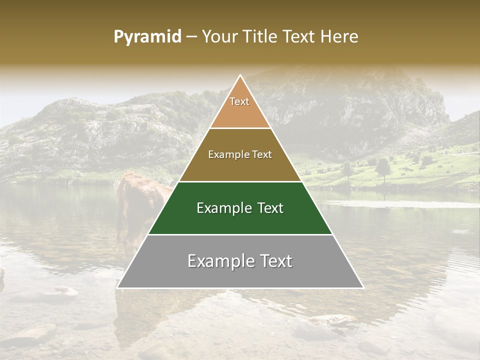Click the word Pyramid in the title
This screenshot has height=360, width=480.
coord(147,37)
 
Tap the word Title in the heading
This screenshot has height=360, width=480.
coord(264,36)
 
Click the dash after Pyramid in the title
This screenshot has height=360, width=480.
coord(191,37)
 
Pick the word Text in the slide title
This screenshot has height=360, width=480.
coord(301,36)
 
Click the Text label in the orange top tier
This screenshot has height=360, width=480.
coord(239,101)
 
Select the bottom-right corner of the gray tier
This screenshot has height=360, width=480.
coord(363,288)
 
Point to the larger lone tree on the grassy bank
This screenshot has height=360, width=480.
coord(382,167)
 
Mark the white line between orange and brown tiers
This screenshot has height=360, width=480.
coord(240,128)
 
